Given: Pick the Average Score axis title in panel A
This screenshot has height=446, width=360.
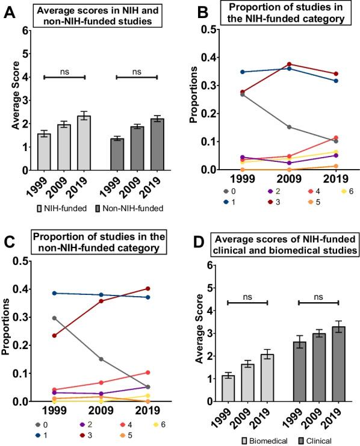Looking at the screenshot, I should [15, 111].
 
